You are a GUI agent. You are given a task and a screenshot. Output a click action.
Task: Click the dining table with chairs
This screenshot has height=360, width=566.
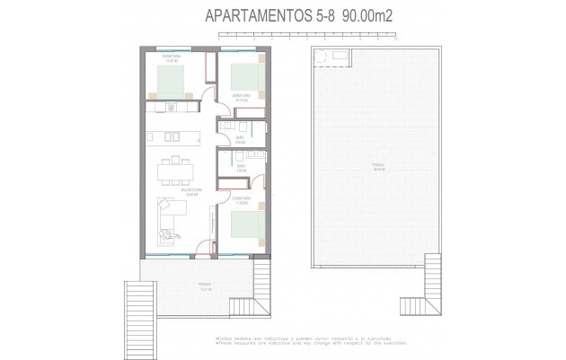pos(172,170)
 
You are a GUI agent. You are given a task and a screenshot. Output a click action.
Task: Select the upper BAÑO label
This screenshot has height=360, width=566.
pos(240,140)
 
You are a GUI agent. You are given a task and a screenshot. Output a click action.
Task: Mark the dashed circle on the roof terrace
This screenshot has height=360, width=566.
pos(321,57)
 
